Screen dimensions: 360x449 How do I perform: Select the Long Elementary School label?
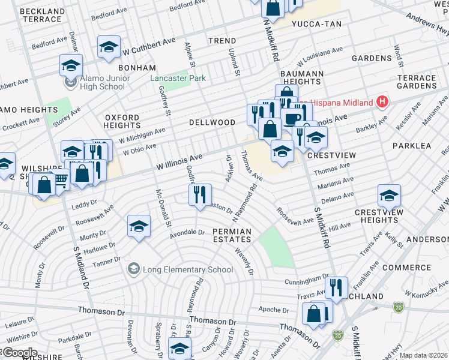pos(179,269)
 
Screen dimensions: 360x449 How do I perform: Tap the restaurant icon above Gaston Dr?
pos(199,193)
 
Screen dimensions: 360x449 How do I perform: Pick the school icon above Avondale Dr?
pos(139,226)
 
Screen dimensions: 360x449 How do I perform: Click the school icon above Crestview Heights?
pos(389,194)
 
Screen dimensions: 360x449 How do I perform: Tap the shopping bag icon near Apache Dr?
pos(314,313)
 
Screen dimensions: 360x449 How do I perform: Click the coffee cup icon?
pos(293,118)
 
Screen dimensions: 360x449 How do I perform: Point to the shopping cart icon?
pos(60,178)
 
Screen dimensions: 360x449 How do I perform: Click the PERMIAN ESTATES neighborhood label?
pos(231,236)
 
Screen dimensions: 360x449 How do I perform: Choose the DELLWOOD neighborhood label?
pos(212,122)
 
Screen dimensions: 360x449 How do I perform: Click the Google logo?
pos(19,353)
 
